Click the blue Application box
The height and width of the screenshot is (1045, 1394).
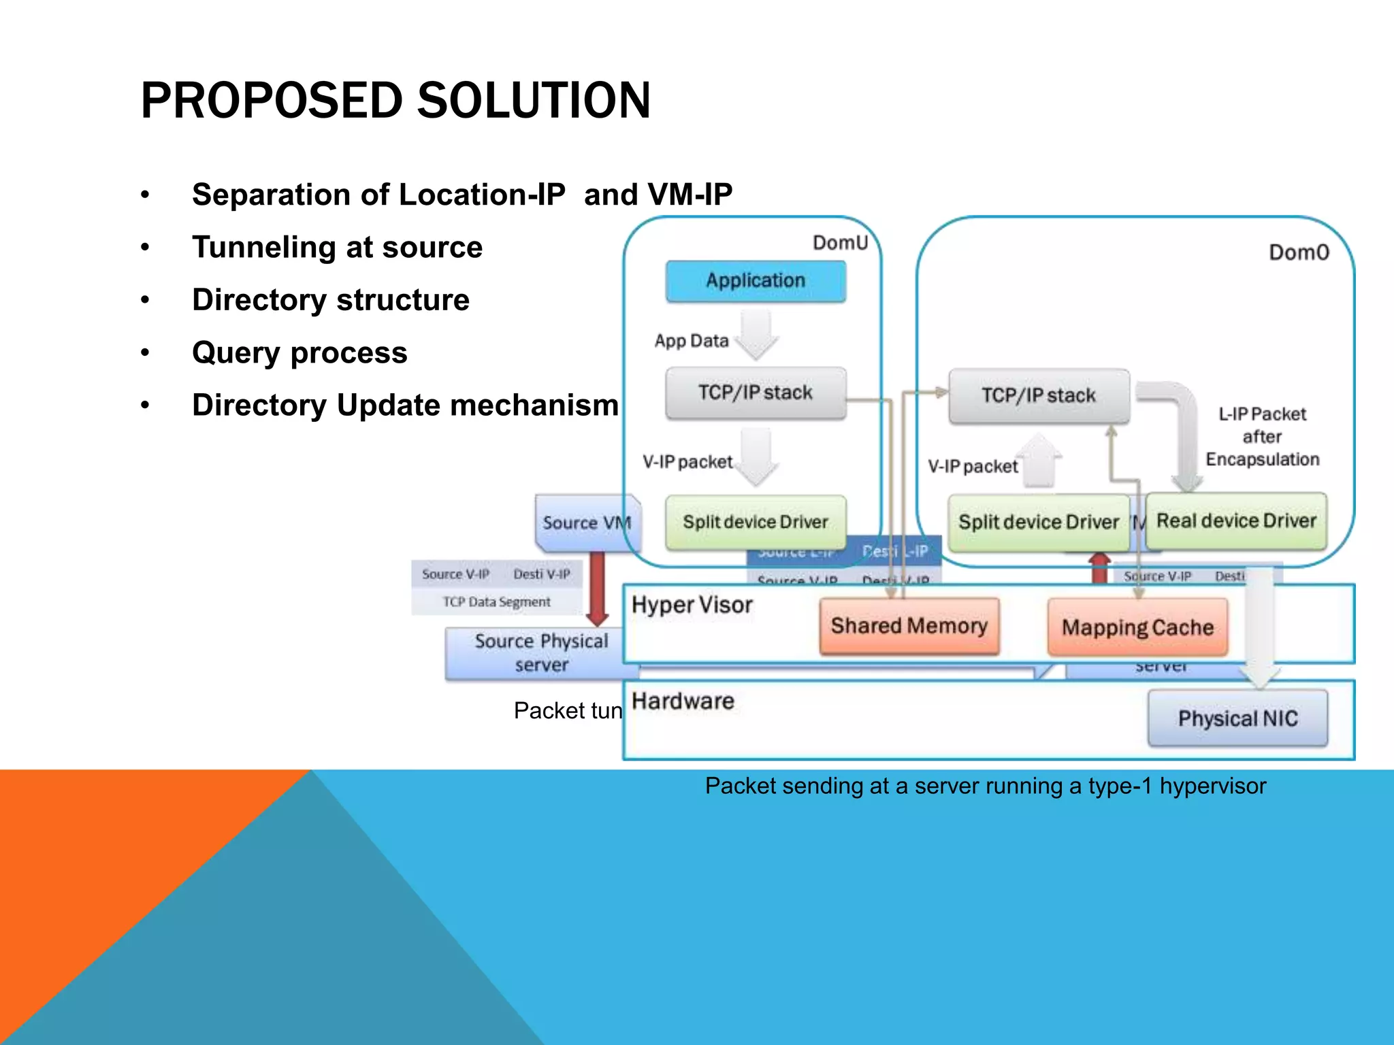[756, 281]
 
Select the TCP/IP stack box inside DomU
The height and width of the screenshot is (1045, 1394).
[756, 393]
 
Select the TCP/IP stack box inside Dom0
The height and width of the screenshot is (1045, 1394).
[1039, 396]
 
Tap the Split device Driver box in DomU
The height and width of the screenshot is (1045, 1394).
[756, 522]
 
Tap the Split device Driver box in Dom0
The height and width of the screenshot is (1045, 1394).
[1039, 522]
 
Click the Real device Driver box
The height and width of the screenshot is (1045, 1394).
[1236, 521]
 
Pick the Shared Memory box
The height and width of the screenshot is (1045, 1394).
[909, 626]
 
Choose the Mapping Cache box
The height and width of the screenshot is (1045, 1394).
[1137, 627]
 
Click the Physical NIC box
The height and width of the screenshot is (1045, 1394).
[1237, 718]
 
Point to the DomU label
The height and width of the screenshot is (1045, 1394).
[840, 243]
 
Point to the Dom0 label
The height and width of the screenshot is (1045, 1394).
[1299, 252]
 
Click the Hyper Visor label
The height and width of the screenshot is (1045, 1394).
[692, 605]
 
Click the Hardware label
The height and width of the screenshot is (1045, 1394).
[683, 701]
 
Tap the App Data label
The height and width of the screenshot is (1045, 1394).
[692, 341]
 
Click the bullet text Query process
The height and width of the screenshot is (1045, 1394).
[299, 353]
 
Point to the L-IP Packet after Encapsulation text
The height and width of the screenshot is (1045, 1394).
[1262, 437]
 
